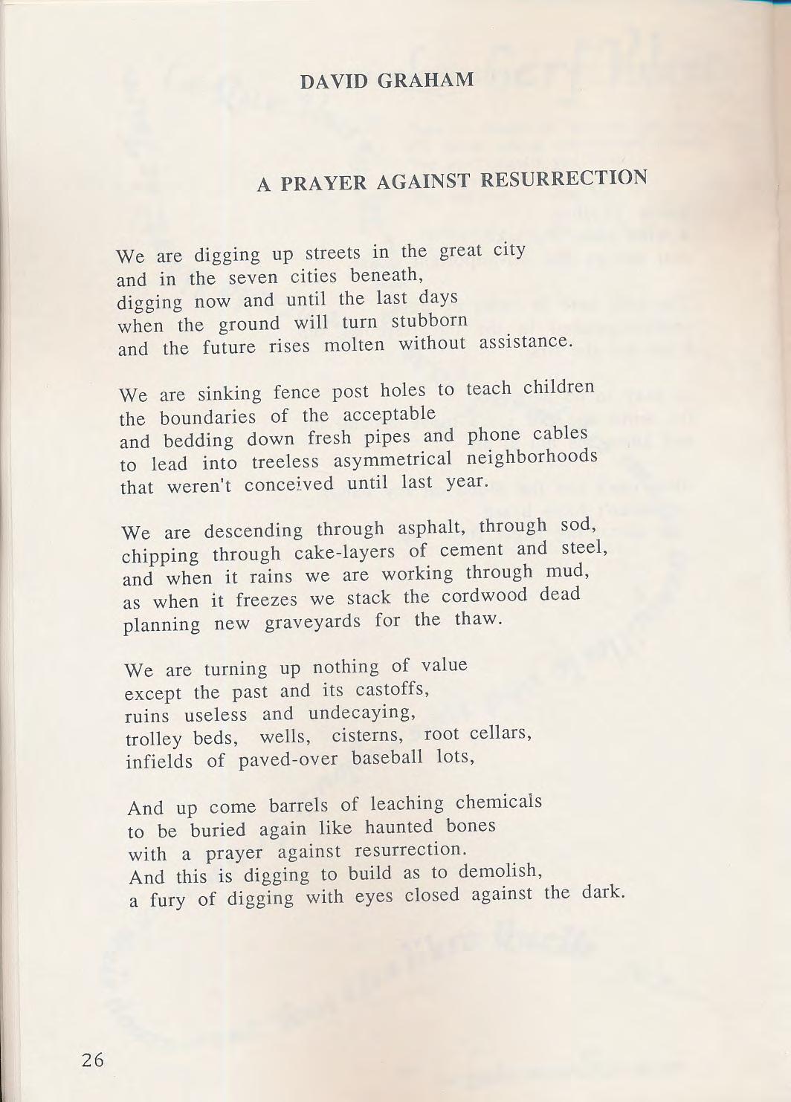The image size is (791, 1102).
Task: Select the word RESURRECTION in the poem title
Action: click(564, 179)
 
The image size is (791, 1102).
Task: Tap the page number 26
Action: click(93, 1060)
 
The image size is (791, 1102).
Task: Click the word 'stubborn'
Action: click(430, 321)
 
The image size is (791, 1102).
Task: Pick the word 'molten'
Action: click(354, 346)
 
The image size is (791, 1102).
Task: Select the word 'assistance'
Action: click(526, 342)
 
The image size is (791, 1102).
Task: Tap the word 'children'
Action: click(559, 388)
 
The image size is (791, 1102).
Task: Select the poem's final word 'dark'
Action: click(601, 892)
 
